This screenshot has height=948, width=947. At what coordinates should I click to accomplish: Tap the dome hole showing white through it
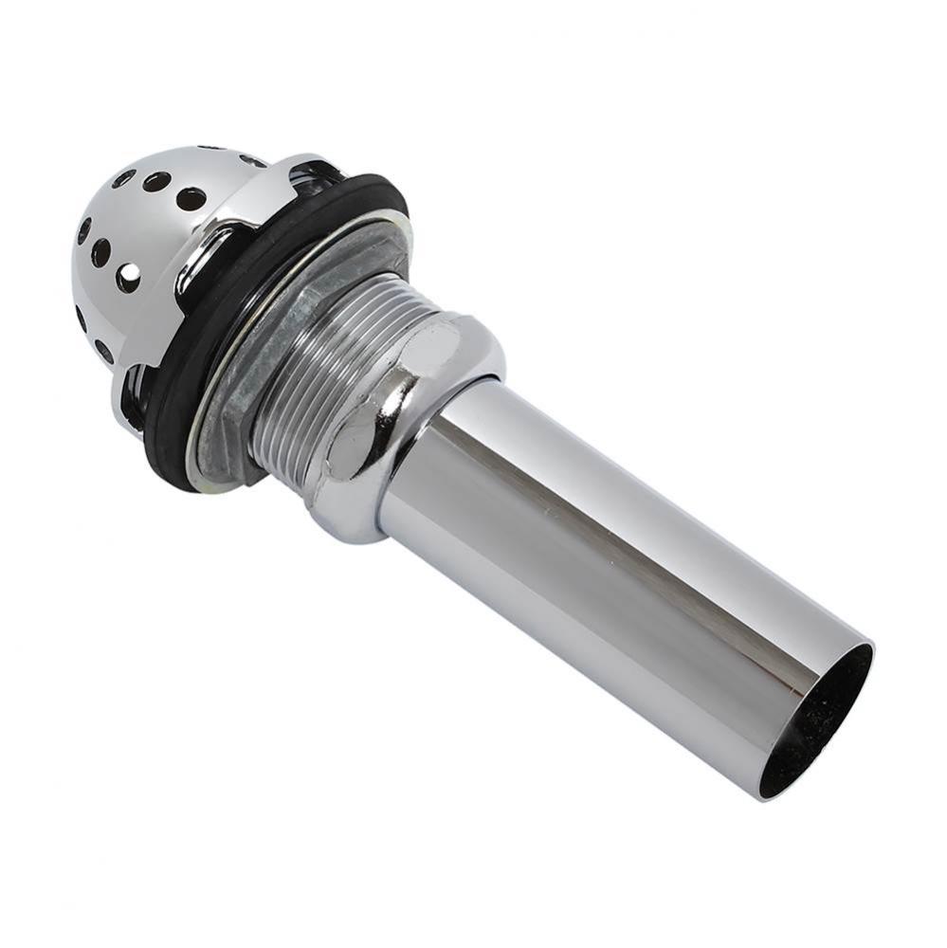[x=128, y=277]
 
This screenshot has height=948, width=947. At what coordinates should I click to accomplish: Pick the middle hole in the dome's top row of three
[x=157, y=182]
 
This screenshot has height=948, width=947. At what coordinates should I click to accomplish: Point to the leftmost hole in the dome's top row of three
[x=123, y=176]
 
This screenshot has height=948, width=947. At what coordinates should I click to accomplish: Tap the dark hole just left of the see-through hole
[x=100, y=252]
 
